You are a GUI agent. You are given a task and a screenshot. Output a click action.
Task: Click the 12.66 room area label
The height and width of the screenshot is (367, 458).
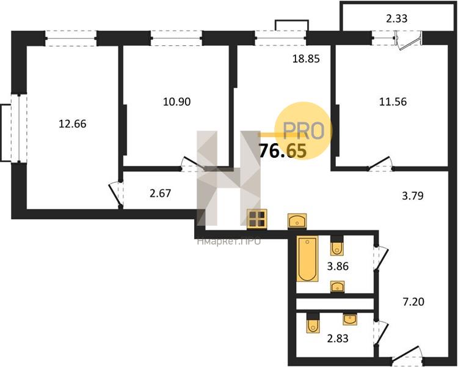click(73, 124)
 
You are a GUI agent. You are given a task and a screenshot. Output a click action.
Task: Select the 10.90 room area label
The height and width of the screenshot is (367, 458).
click(176, 102)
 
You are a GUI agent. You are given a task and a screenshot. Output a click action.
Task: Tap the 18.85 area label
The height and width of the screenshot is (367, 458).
click(306, 59)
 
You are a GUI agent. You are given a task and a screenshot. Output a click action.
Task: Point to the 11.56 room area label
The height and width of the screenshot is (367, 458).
click(393, 102)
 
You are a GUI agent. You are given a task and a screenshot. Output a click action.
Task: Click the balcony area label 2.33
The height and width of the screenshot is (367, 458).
click(397, 19)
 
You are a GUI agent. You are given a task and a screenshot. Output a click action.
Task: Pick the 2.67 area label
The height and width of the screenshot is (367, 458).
click(160, 193)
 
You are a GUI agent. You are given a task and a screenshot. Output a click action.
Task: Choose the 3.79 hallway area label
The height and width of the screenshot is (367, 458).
click(413, 196)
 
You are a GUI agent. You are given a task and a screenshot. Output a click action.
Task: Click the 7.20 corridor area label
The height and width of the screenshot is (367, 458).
click(413, 302)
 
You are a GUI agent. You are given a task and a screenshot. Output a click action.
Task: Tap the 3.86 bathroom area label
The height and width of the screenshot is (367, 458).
click(338, 267)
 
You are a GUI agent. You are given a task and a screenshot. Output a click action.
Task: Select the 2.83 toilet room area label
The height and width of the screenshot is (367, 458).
click(338, 339)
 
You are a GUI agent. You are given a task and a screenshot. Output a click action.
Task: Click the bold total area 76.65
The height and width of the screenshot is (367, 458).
click(283, 151)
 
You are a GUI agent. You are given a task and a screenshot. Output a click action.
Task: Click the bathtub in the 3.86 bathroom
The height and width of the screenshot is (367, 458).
click(307, 259)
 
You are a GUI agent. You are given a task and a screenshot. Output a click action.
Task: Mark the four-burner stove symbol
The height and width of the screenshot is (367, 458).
click(256, 220)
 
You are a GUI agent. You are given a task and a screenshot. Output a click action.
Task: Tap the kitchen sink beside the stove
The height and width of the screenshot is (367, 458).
click(297, 221)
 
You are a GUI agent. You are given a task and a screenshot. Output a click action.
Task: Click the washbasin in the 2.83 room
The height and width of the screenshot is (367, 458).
click(350, 319)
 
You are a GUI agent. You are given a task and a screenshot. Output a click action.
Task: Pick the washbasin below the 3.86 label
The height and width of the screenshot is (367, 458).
click(337, 286)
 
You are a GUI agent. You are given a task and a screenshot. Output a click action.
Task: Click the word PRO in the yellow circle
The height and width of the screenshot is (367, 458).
click(304, 131)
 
